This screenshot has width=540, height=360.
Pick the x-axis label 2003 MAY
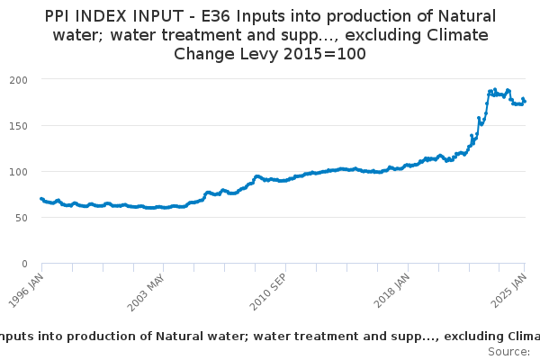click(148, 290)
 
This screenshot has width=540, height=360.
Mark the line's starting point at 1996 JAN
click(41, 199)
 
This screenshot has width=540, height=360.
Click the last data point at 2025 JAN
click(525, 101)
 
